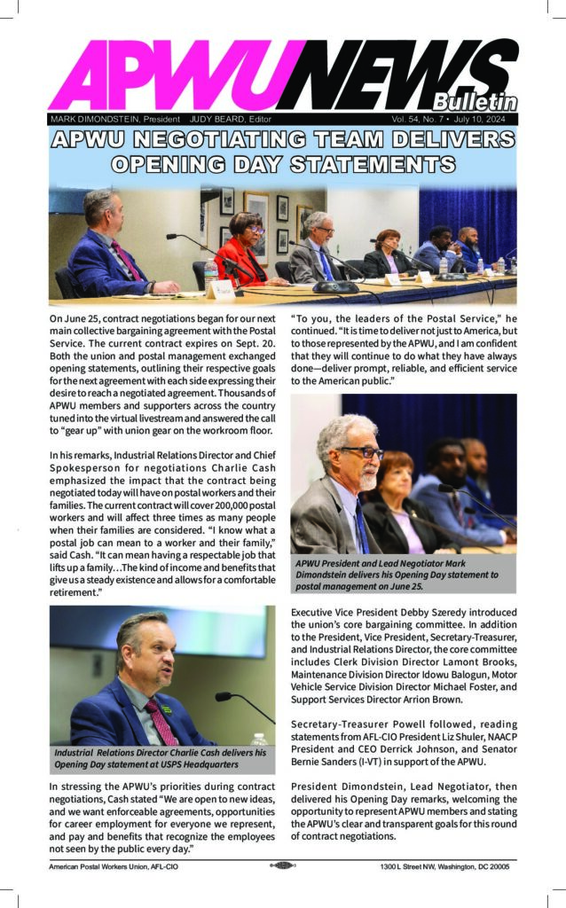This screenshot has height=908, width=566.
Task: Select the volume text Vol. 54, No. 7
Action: [x=422, y=118]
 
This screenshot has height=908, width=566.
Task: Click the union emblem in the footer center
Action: [x=282, y=866]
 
